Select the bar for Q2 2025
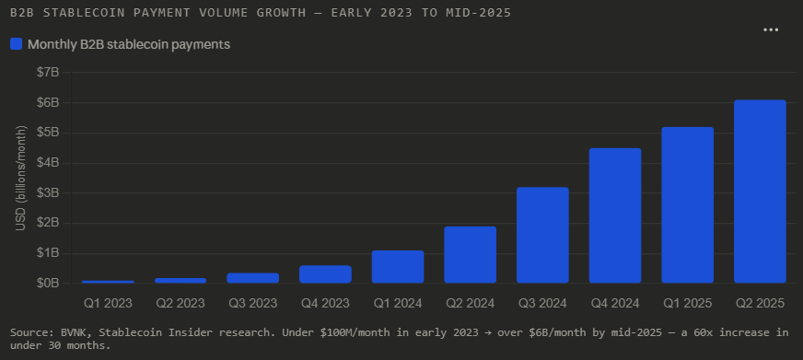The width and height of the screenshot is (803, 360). point(760,192)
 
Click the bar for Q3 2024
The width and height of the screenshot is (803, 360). point(542,235)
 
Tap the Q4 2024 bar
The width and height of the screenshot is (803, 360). point(615,215)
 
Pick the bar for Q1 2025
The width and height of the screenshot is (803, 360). point(687,204)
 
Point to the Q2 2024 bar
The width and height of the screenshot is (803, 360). point(470,254)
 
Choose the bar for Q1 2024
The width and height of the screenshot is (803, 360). point(398,266)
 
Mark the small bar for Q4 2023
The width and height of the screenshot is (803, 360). point(325,274)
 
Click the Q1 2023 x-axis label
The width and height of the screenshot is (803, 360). point(108,303)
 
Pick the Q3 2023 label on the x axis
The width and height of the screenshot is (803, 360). point(252,303)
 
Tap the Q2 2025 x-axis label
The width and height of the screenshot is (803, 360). point(760,303)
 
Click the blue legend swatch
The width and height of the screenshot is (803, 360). point(16,43)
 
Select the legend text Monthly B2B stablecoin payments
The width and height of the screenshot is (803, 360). point(129,43)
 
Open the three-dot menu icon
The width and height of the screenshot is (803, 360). point(772,30)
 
